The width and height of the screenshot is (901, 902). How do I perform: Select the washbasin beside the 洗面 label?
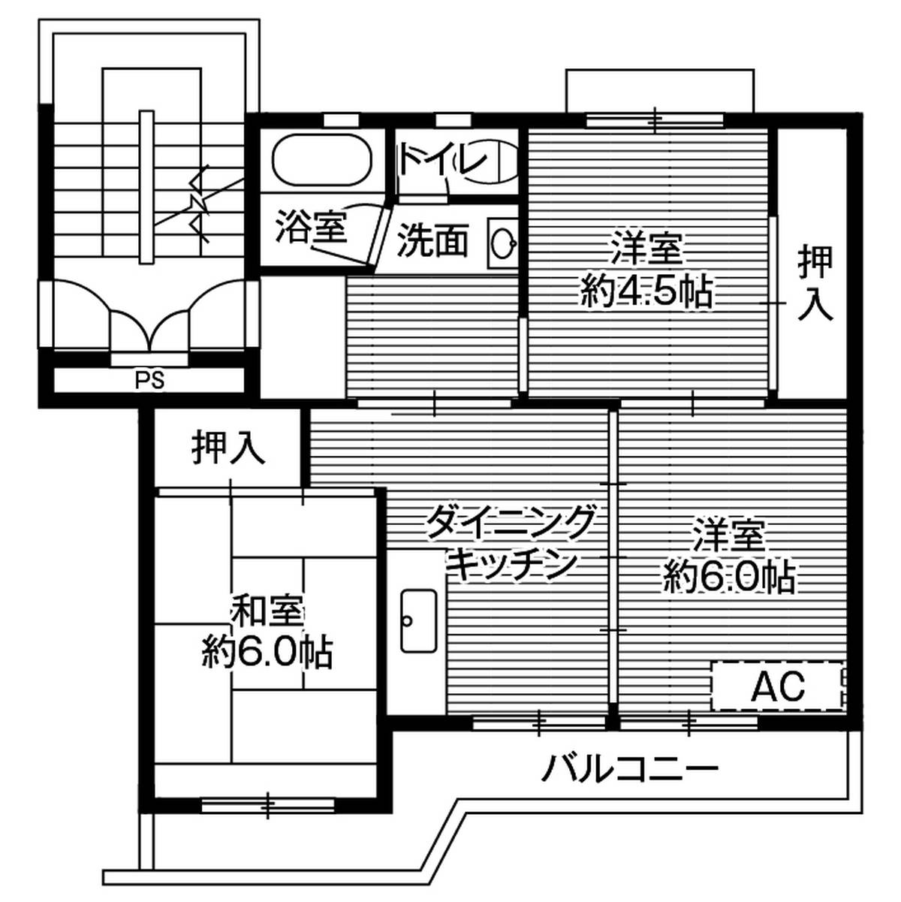click(502, 241)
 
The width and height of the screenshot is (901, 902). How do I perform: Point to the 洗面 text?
click(432, 241)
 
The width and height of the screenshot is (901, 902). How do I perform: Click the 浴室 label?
click(310, 227)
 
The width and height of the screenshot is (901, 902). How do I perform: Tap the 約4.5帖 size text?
click(646, 292)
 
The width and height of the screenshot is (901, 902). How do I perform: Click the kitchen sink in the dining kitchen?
click(418, 620)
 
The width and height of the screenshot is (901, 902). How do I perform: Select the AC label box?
click(779, 685)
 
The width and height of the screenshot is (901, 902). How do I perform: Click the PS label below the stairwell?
click(149, 380)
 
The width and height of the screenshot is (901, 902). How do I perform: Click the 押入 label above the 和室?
click(228, 448)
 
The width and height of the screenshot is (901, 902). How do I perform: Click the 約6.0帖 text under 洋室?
click(729, 577)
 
